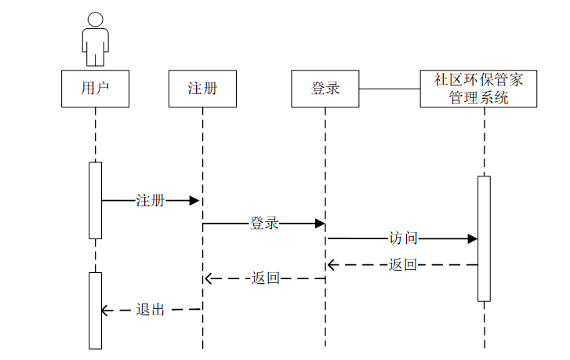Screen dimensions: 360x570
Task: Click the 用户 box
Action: point(95,89)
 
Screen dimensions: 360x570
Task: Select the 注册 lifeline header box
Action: point(202,89)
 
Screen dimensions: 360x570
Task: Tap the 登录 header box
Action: point(325,89)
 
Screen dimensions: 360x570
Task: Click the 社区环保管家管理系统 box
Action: point(478,89)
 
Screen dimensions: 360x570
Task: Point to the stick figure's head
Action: point(95,20)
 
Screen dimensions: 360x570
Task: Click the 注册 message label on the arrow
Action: point(151,201)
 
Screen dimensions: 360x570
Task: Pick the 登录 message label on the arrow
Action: point(264,224)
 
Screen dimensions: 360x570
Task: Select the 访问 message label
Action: point(403,238)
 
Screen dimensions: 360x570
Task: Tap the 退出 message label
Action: point(151,310)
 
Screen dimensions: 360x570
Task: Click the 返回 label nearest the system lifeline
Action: point(403,265)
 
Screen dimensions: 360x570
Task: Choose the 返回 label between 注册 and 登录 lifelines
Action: point(265,278)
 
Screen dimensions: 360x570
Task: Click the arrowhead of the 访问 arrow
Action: point(473,238)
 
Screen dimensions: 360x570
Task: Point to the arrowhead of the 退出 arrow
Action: point(106,311)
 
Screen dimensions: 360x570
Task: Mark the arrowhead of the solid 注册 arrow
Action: point(195,201)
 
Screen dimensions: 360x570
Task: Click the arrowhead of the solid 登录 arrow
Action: point(320,224)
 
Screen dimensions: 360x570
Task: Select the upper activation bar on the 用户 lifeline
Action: point(96,200)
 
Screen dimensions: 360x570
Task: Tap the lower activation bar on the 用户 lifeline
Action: point(96,310)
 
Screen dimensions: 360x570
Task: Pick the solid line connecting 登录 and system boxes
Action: point(390,89)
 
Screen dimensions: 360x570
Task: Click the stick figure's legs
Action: point(95,56)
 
